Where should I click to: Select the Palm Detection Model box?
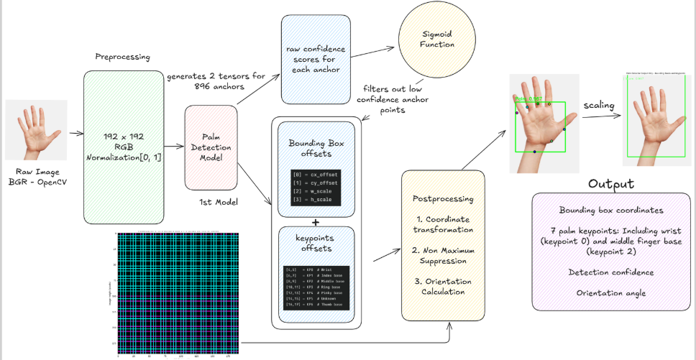click(x=211, y=147)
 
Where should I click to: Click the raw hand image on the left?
click(x=36, y=130)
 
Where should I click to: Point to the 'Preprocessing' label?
click(x=122, y=57)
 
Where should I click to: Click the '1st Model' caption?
click(x=218, y=203)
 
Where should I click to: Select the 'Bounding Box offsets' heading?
click(x=316, y=148)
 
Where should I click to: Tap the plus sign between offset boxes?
click(x=315, y=222)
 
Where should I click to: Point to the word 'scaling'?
click(x=598, y=106)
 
